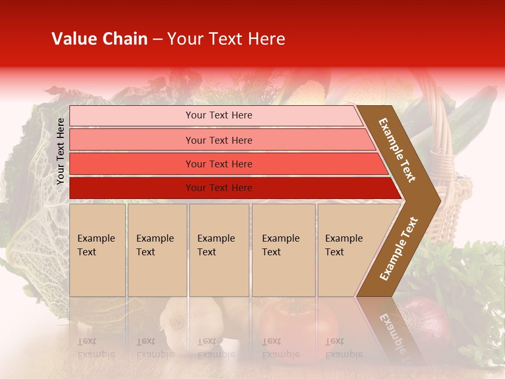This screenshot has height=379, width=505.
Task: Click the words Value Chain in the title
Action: tap(99, 39)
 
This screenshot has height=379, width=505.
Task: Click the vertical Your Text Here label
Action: tap(60, 151)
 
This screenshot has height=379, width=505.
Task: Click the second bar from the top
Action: tap(219, 140)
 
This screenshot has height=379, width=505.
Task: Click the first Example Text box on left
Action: tap(97, 250)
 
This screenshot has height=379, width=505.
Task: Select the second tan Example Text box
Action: tap(157, 250)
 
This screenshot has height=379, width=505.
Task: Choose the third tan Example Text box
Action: tap(219, 250)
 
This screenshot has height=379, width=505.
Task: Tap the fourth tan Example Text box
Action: tap(283, 250)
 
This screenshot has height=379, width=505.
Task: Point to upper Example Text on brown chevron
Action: tap(397, 150)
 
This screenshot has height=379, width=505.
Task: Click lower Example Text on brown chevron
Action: tap(399, 248)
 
